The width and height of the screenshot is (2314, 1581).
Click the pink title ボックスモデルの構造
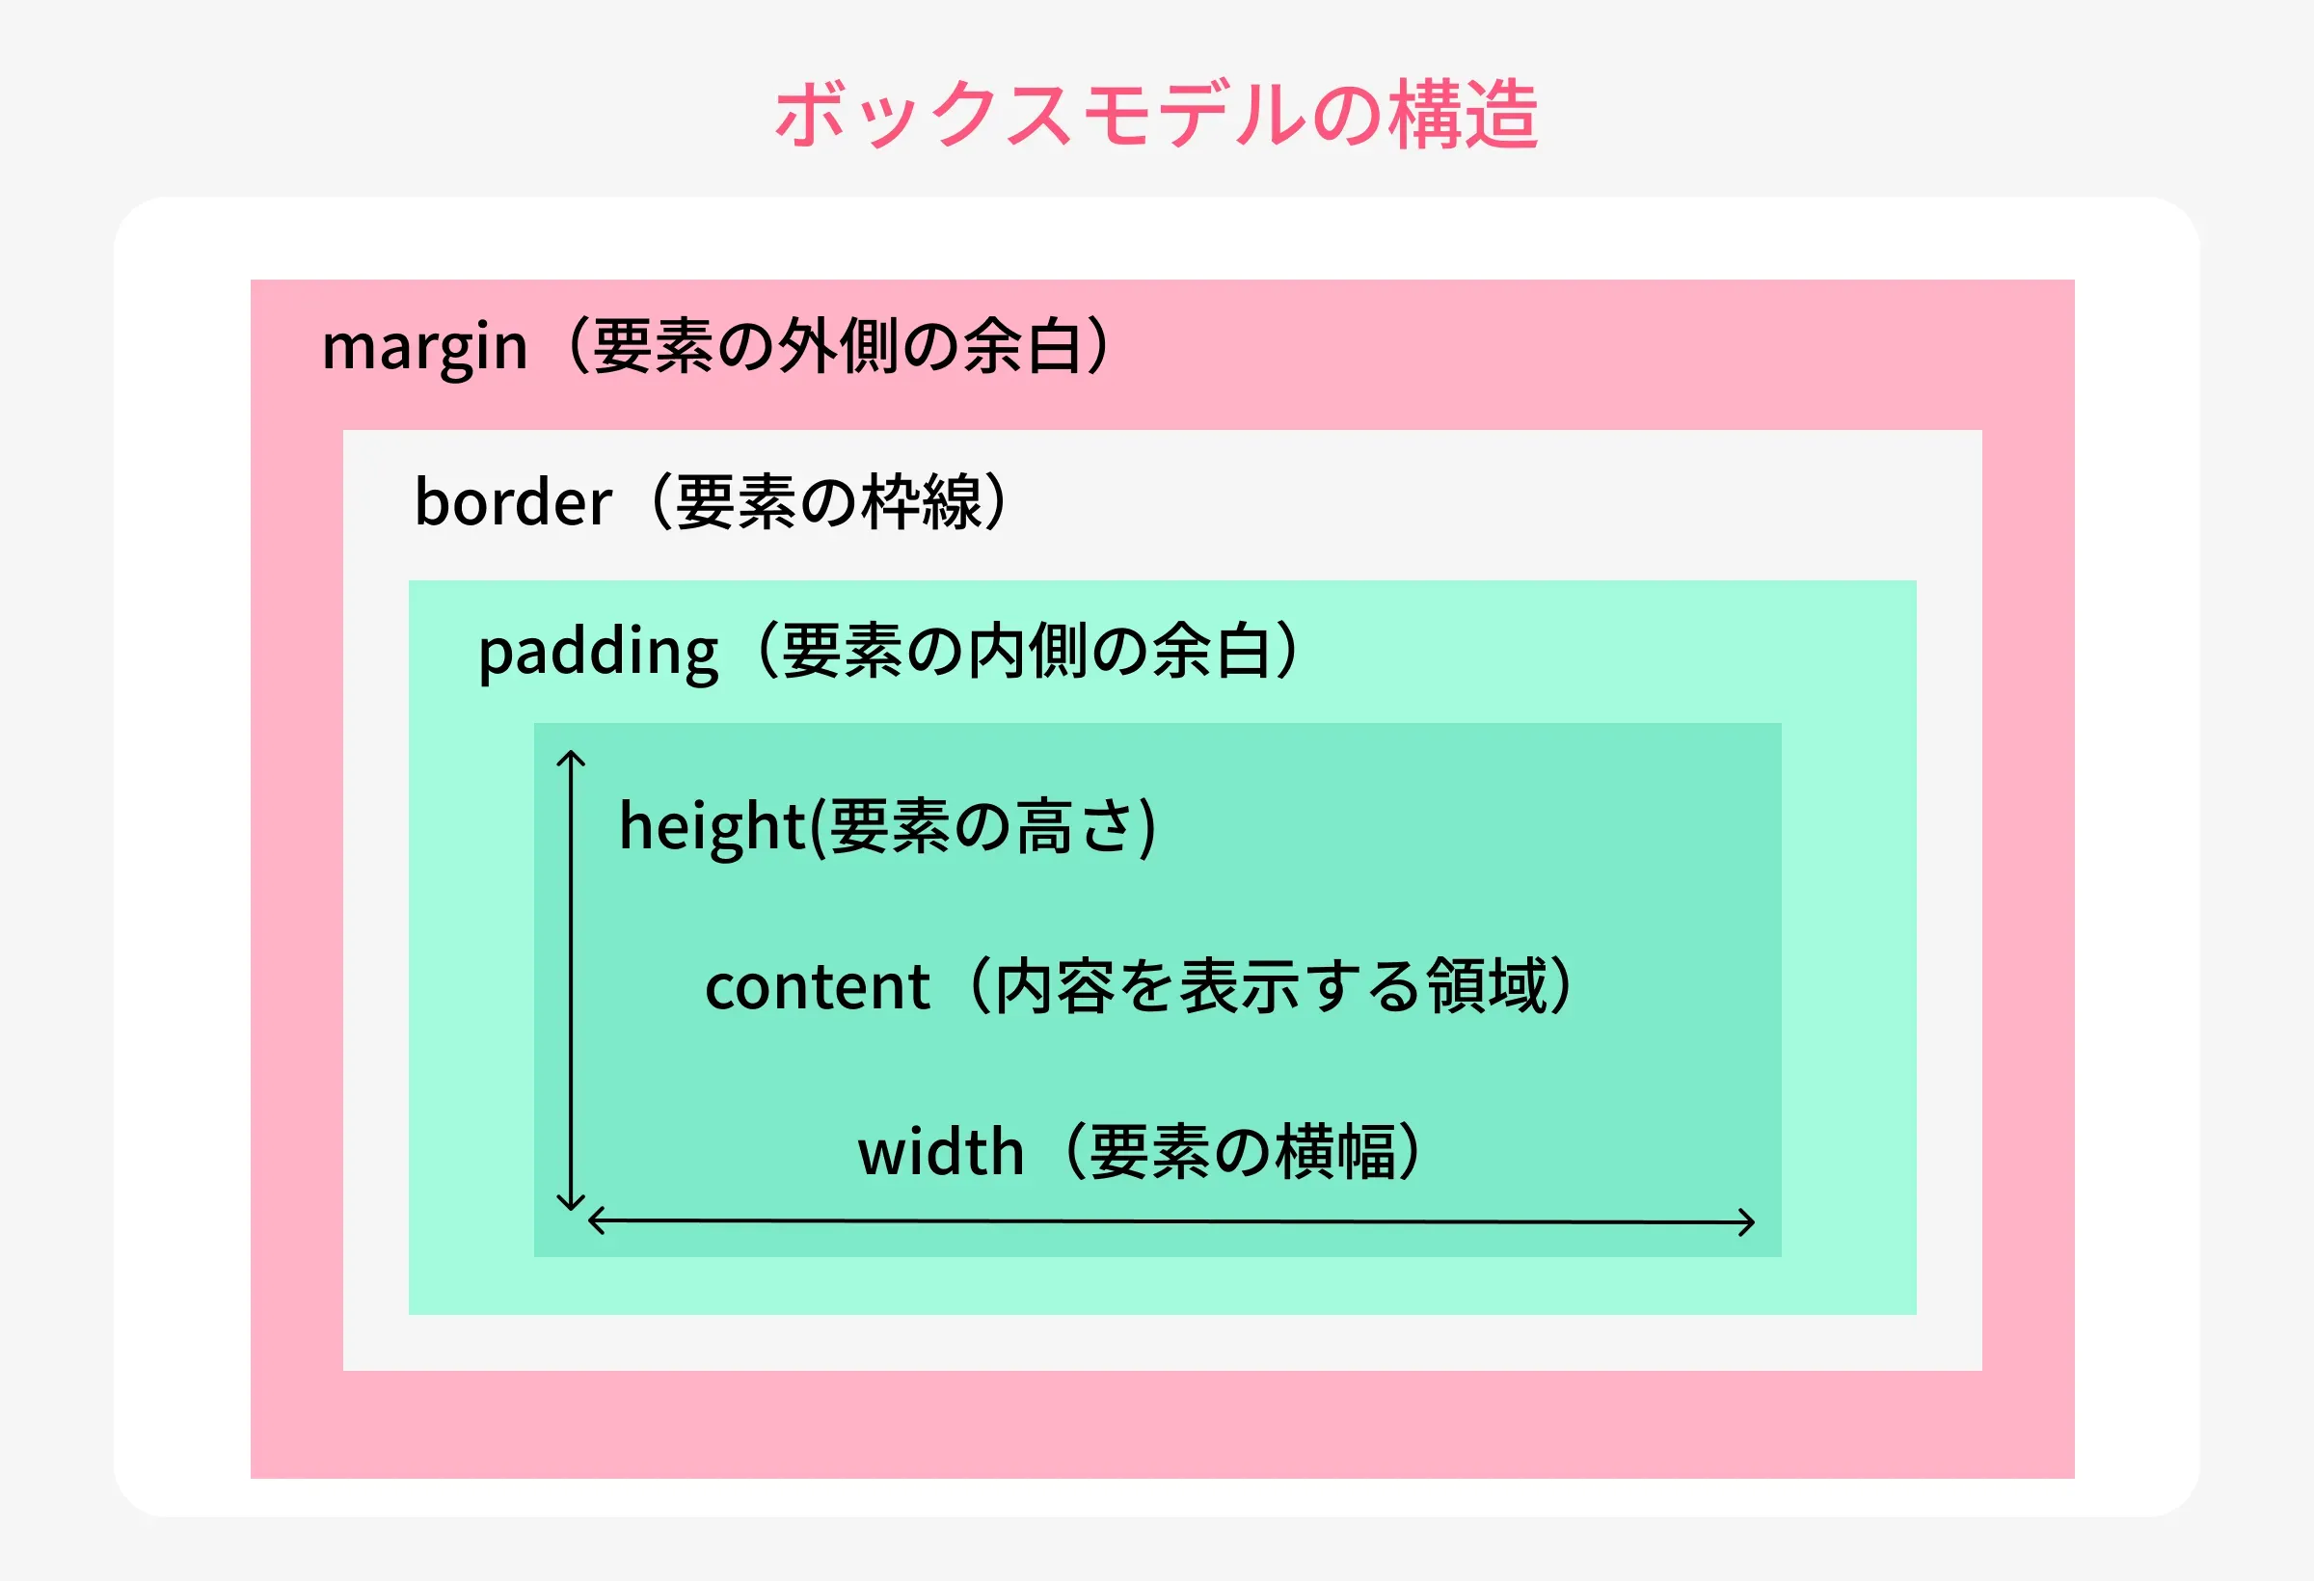(1156, 115)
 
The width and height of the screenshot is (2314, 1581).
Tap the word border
(513, 500)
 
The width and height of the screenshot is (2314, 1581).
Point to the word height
(712, 826)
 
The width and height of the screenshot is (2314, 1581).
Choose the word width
(941, 1152)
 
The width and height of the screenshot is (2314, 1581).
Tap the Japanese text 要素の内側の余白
(1027, 652)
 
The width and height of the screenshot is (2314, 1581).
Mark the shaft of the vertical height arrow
(571, 980)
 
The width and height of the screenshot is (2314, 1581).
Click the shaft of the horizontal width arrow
(1171, 1221)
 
